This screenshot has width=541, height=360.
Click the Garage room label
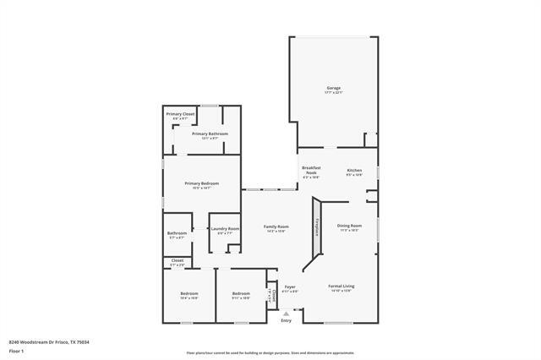pyautogui.click(x=334, y=88)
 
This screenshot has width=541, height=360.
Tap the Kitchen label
pyautogui.click(x=354, y=171)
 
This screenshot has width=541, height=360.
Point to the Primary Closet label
pyautogui.click(x=180, y=114)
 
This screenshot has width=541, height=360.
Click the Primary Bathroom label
pyautogui.click(x=210, y=134)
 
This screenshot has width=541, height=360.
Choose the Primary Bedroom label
pyautogui.click(x=202, y=183)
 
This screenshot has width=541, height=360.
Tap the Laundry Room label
pyautogui.click(x=225, y=228)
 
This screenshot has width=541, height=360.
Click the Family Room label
pyautogui.click(x=276, y=226)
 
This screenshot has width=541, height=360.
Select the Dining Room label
pyautogui.click(x=350, y=226)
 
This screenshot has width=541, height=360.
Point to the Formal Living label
pyautogui.click(x=342, y=286)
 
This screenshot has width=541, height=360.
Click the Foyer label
pyautogui.click(x=289, y=286)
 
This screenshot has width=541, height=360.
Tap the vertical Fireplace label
pyautogui.click(x=317, y=227)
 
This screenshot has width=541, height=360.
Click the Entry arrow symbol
pyautogui.click(x=286, y=313)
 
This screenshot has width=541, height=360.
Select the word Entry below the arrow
pyautogui.click(x=286, y=320)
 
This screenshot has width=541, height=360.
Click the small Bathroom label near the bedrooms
pyautogui.click(x=177, y=233)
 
